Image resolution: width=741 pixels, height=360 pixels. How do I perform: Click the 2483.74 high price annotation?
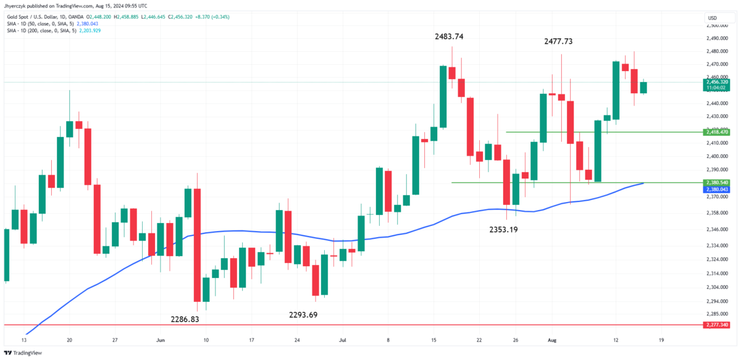pyautogui.click(x=449, y=36)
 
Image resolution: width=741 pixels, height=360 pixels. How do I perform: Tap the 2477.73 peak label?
pyautogui.click(x=559, y=41)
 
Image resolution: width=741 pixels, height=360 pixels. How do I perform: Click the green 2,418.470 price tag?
pyautogui.click(x=716, y=132)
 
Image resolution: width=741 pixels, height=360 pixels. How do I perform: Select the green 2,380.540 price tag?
pyautogui.click(x=716, y=183)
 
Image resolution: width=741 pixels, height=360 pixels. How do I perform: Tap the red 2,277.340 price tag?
pyautogui.click(x=716, y=324)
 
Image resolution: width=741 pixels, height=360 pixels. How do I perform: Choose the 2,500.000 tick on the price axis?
pyautogui.click(x=716, y=26)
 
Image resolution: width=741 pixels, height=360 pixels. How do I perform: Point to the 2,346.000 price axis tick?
pyautogui.click(x=716, y=230)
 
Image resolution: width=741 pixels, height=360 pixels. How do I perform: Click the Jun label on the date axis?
pyautogui.click(x=161, y=340)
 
